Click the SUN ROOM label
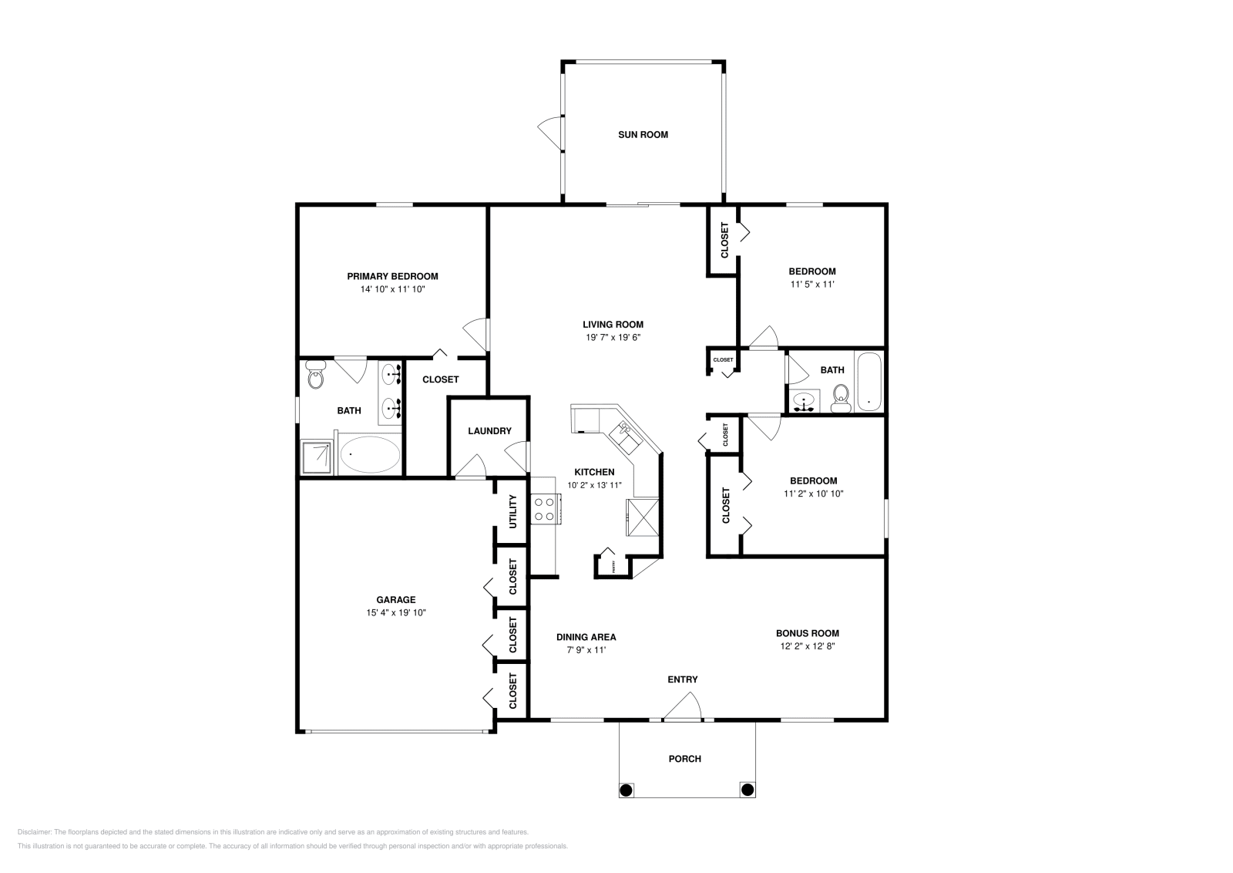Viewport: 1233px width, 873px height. (x=643, y=135)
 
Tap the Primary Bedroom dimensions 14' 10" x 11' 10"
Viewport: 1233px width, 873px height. (x=392, y=290)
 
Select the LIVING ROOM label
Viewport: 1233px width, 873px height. (x=613, y=325)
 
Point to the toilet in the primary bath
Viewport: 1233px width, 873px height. (x=314, y=375)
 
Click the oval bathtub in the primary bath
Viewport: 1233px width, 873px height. (x=370, y=455)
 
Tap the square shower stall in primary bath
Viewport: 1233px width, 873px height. (x=317, y=458)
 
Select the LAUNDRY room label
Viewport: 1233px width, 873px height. (x=489, y=431)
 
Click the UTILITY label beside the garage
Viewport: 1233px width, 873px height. (x=513, y=512)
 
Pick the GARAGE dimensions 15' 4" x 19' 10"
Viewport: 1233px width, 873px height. (x=396, y=613)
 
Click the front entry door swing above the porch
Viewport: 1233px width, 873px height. (x=683, y=706)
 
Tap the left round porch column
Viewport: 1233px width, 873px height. (x=627, y=790)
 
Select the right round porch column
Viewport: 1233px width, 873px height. (x=747, y=789)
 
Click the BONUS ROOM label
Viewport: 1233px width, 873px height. (x=807, y=633)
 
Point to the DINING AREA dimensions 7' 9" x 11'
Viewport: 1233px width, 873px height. (x=586, y=650)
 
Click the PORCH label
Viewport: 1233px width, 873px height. (x=684, y=759)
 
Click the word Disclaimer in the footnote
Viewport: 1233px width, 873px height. (x=33, y=832)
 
